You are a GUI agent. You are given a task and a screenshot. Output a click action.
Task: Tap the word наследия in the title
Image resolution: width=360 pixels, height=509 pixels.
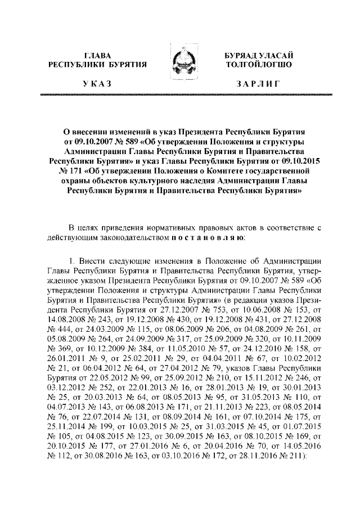tap(208, 181)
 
